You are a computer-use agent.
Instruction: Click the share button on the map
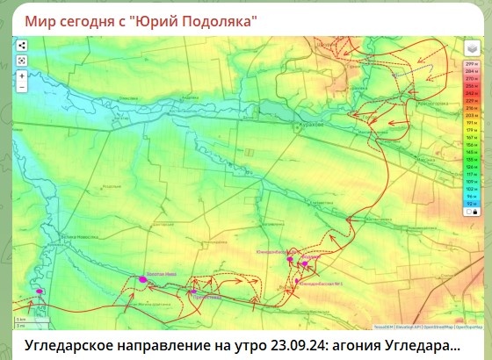click(21, 46)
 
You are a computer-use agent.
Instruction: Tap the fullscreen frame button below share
click(21, 60)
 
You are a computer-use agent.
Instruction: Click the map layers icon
click(470, 50)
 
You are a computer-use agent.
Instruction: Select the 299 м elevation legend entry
click(470, 64)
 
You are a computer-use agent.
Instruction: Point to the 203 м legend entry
click(470, 115)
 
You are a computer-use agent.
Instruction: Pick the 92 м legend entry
click(470, 203)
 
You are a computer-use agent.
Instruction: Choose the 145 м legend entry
click(470, 152)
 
